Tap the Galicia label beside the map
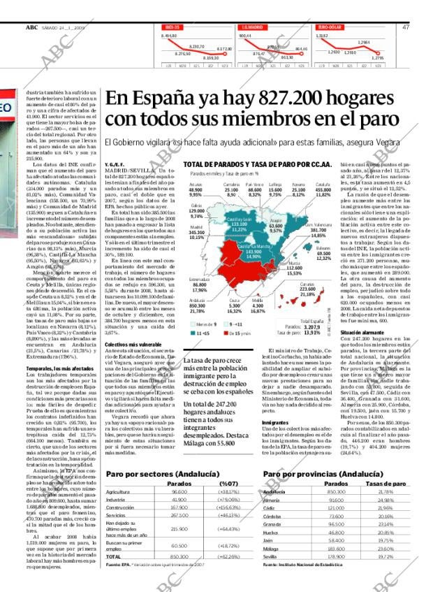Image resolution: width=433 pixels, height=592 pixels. [177, 206]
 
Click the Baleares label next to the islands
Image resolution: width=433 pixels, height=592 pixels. [323, 247]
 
